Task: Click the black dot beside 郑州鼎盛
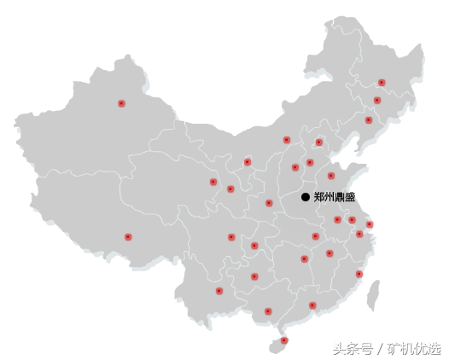coord(306,197)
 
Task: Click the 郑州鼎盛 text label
coord(335,197)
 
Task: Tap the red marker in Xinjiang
coord(121,103)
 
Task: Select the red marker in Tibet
coord(128,236)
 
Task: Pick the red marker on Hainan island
coord(284,340)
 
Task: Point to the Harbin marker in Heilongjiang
coord(382,83)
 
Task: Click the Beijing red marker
coord(318,142)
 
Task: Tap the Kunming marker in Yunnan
coord(219,291)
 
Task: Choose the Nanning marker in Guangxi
coord(268,311)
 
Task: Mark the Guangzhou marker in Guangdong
coord(312,305)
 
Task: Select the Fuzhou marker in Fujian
coord(359,274)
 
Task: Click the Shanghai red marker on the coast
coord(370,224)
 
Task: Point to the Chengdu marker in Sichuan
coord(231,237)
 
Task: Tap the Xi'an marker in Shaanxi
coord(269,203)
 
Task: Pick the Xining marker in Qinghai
coord(213,182)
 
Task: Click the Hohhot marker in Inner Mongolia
coord(287,140)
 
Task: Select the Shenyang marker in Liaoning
coord(369,120)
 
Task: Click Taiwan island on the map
coord(373,295)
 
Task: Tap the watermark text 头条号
coord(353,349)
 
